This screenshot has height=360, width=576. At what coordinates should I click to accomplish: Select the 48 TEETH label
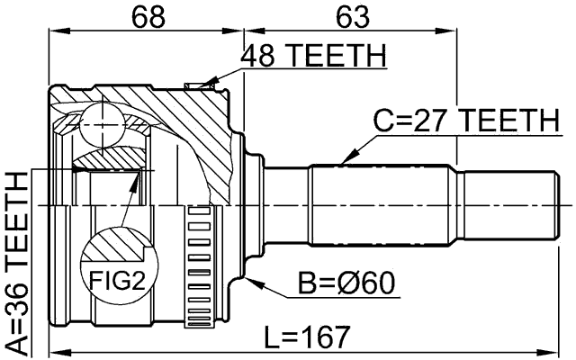pos(312,56)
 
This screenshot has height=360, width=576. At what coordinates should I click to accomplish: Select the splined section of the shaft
pos(382,205)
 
